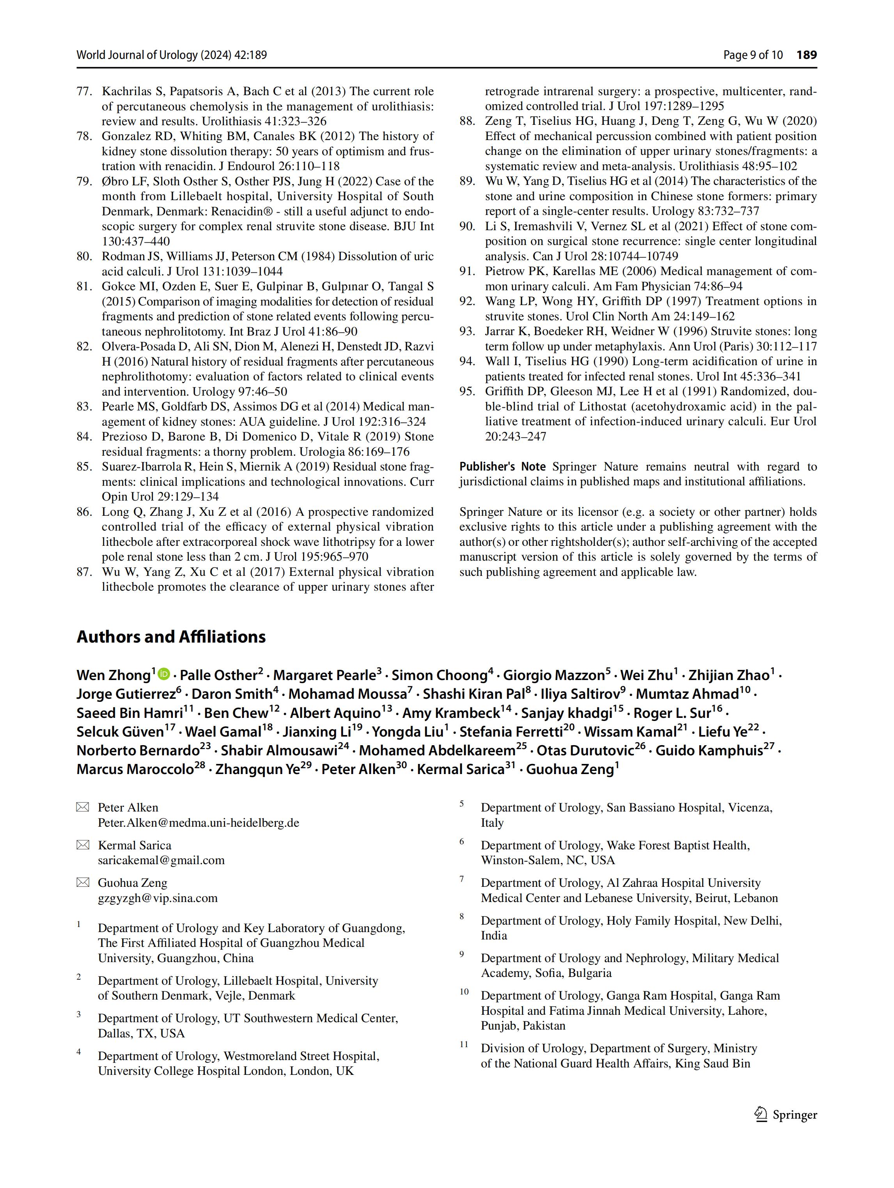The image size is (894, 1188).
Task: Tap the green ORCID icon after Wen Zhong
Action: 164,673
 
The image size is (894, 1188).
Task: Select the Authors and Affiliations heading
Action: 171,636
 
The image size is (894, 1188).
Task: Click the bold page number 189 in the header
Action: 807,55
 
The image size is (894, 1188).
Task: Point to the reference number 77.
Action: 85,91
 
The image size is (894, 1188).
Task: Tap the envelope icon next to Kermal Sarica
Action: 83,845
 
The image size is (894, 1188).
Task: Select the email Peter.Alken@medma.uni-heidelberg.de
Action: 198,823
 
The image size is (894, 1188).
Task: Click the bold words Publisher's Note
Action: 502,467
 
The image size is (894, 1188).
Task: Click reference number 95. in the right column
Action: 467,392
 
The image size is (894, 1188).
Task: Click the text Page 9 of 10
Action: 753,55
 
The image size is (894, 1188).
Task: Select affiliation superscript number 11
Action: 464,1044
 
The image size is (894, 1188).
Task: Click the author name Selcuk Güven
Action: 120,732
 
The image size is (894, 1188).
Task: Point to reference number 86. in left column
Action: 85,512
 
